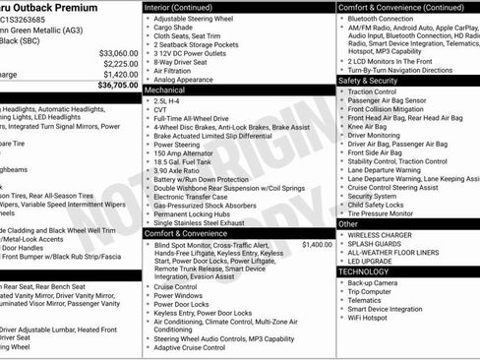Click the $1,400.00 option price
pos(317,244)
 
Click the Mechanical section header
pos(165,90)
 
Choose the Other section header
pos(349,224)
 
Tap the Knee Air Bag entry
pos(368,126)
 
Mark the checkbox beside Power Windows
pos(147,294)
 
